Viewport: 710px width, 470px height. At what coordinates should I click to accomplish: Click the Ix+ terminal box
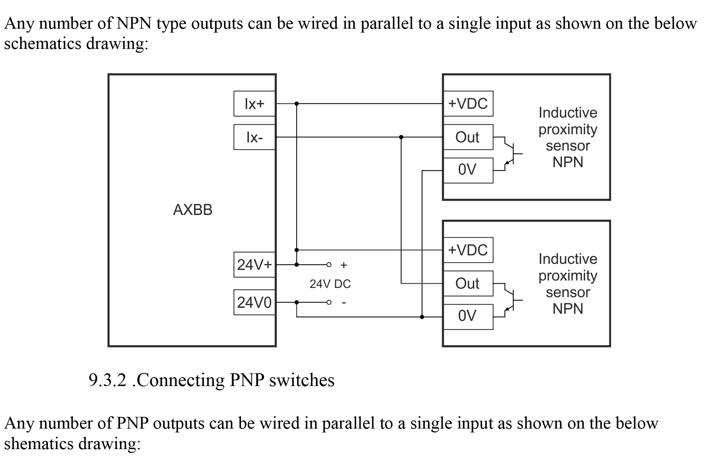254,104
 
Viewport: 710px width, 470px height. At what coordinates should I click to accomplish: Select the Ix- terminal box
254,137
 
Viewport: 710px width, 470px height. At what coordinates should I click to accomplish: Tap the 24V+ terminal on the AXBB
254,265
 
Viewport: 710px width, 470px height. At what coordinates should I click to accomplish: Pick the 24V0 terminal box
254,302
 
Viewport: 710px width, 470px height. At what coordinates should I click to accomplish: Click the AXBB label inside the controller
193,210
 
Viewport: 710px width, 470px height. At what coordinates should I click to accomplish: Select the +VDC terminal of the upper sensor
468,104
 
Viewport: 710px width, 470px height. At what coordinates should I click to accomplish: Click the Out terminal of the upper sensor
468,137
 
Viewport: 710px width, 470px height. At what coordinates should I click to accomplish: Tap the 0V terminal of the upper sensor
468,170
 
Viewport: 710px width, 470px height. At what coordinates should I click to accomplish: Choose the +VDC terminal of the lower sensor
468,250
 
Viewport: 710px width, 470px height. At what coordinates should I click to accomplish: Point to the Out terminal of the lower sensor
468,283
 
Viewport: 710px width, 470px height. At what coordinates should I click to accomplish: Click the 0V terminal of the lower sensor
468,317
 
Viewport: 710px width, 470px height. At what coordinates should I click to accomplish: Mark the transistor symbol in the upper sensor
513,154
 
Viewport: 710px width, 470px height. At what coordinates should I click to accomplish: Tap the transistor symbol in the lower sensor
513,300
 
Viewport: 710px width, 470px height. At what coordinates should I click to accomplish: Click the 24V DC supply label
330,284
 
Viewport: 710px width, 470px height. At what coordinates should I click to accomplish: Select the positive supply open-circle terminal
329,265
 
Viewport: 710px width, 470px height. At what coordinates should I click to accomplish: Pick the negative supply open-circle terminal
329,302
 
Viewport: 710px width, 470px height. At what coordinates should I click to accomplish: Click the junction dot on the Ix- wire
401,137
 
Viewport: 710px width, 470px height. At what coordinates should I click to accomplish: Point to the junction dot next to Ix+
297,104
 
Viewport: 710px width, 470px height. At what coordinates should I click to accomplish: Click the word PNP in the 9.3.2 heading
247,380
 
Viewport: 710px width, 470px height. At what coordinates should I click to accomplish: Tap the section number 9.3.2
107,380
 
